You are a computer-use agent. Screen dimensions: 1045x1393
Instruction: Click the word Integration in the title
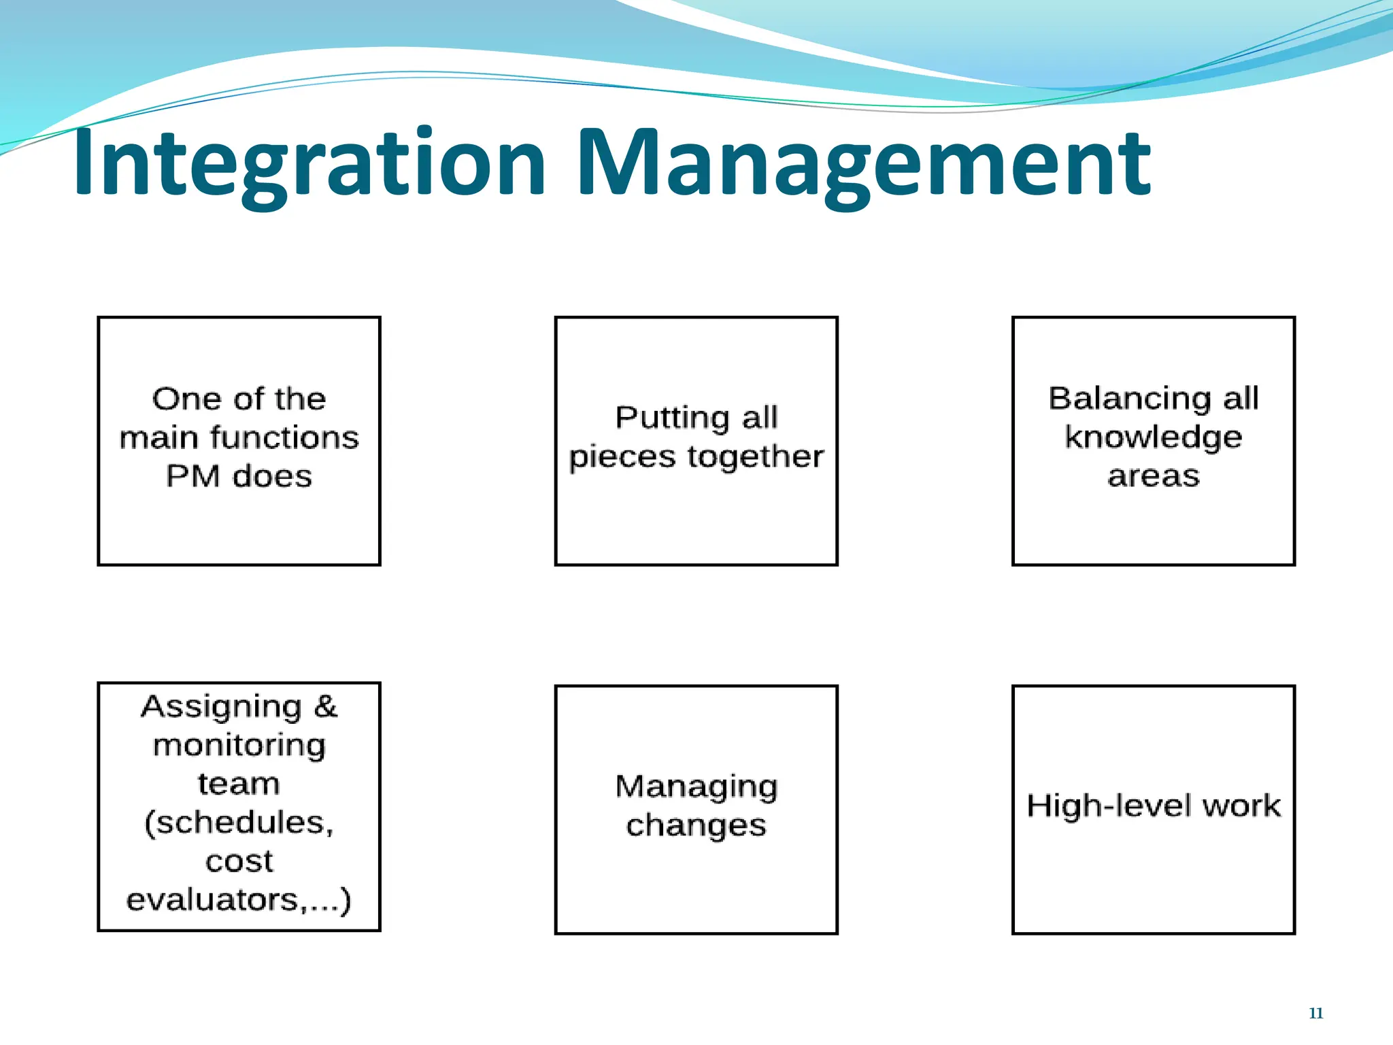[309, 163]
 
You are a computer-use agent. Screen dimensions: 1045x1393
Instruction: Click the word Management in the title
[864, 163]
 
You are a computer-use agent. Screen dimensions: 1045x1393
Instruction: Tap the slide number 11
[1315, 1013]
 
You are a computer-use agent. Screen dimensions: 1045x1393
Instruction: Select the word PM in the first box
[193, 476]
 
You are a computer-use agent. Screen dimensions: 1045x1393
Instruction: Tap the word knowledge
[1154, 437]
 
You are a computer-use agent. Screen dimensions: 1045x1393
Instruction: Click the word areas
[1154, 476]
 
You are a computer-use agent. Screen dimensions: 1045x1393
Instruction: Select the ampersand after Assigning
[325, 706]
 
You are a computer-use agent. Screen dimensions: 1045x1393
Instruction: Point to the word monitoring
[239, 746]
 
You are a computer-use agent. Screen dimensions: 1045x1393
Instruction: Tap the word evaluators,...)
[239, 900]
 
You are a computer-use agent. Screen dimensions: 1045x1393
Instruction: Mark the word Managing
[696, 787]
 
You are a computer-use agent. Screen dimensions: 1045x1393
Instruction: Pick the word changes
[696, 825]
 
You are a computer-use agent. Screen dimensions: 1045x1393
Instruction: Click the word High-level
[1109, 806]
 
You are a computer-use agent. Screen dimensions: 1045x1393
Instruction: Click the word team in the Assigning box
[239, 784]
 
